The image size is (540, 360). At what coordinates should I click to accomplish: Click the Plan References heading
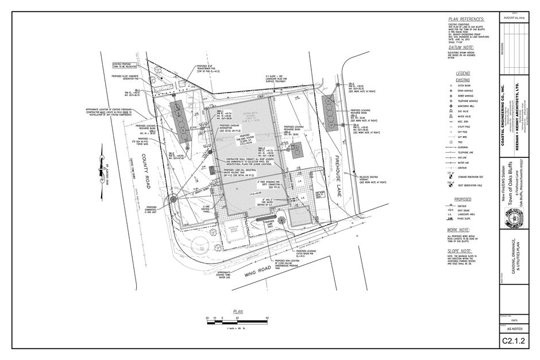(x=466, y=19)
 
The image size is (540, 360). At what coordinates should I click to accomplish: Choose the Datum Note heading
(x=460, y=48)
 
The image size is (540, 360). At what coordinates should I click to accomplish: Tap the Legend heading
(x=462, y=73)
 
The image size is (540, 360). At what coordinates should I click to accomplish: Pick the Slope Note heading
(x=460, y=250)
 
